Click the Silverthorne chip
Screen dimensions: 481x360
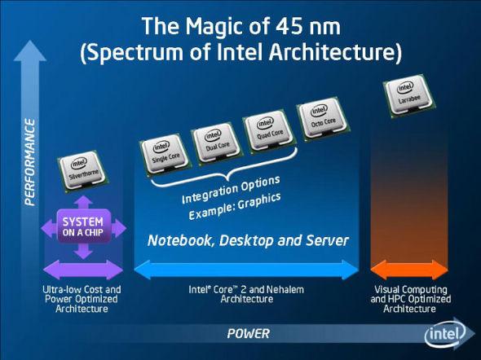pos(82,171)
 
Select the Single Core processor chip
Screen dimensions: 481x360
pos(165,156)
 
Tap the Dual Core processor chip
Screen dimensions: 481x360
pos(217,144)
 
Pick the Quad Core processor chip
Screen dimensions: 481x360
pos(269,131)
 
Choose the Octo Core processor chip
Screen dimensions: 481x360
pos(323,119)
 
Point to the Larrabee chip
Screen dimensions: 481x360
pos(409,96)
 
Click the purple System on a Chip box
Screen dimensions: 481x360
pos(83,226)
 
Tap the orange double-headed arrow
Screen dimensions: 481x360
pos(409,270)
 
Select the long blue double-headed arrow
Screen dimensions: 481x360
pos(247,270)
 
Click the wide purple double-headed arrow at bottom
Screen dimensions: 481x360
pos(83,270)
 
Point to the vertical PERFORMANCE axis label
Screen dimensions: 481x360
pos(30,162)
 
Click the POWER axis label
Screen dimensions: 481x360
pos(249,333)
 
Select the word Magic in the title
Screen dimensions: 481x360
pos(213,28)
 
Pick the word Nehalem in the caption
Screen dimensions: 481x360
pos(285,289)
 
